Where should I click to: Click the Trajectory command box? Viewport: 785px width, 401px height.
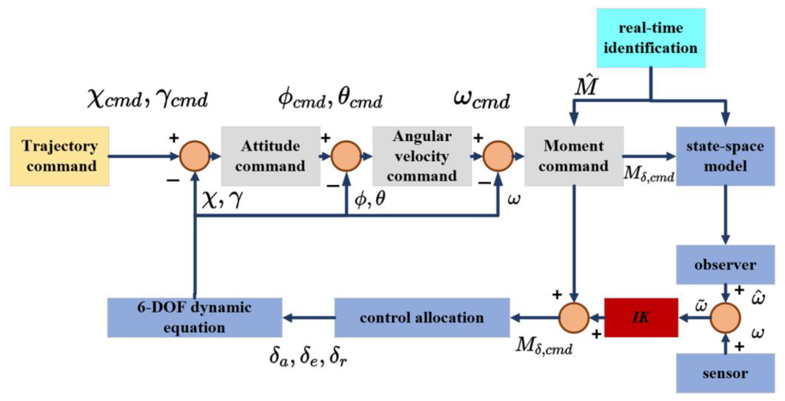tap(60, 156)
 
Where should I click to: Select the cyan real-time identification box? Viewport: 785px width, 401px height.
tap(651, 38)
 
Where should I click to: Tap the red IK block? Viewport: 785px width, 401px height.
tap(641, 318)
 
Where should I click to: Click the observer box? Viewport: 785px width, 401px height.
tap(725, 265)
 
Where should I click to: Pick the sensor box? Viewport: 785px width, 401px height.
tap(725, 373)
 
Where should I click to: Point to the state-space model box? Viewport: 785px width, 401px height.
tap(725, 156)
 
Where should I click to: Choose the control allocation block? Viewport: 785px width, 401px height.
tap(422, 318)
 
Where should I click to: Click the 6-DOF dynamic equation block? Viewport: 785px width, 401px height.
tap(195, 318)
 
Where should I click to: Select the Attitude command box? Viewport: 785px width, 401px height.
tap(270, 156)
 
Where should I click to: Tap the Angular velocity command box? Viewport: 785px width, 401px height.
tap(422, 156)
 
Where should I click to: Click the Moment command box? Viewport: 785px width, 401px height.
tap(574, 156)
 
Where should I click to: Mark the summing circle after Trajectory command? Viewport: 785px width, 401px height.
tap(195, 156)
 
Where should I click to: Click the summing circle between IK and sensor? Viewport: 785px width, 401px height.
tap(725, 318)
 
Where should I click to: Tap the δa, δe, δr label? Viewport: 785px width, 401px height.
tap(308, 357)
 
